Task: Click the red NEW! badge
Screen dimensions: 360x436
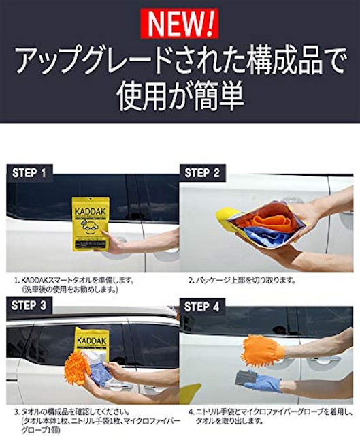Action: (180, 24)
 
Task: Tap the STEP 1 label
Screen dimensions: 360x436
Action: (29, 173)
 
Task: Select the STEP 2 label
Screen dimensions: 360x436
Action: (202, 173)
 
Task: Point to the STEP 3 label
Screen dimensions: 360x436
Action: (29, 305)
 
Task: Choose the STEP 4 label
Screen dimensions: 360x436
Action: (201, 307)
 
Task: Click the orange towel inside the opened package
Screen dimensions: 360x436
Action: (272, 219)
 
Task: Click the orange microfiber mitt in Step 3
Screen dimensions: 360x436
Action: (77, 367)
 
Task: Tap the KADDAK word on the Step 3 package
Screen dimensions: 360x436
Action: (92, 341)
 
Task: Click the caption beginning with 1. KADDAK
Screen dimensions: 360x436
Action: (74, 285)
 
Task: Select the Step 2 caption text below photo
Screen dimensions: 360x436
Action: (242, 280)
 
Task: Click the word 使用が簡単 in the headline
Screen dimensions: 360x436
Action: (180, 96)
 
